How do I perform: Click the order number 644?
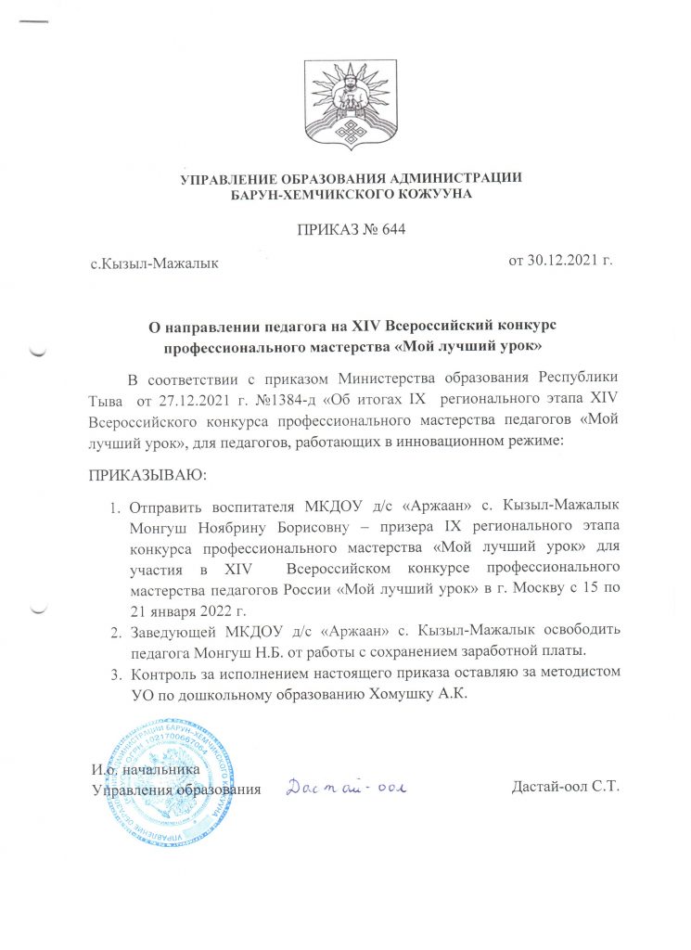394,229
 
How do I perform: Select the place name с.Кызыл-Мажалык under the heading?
154,264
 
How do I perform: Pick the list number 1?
116,507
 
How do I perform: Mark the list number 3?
116,671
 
